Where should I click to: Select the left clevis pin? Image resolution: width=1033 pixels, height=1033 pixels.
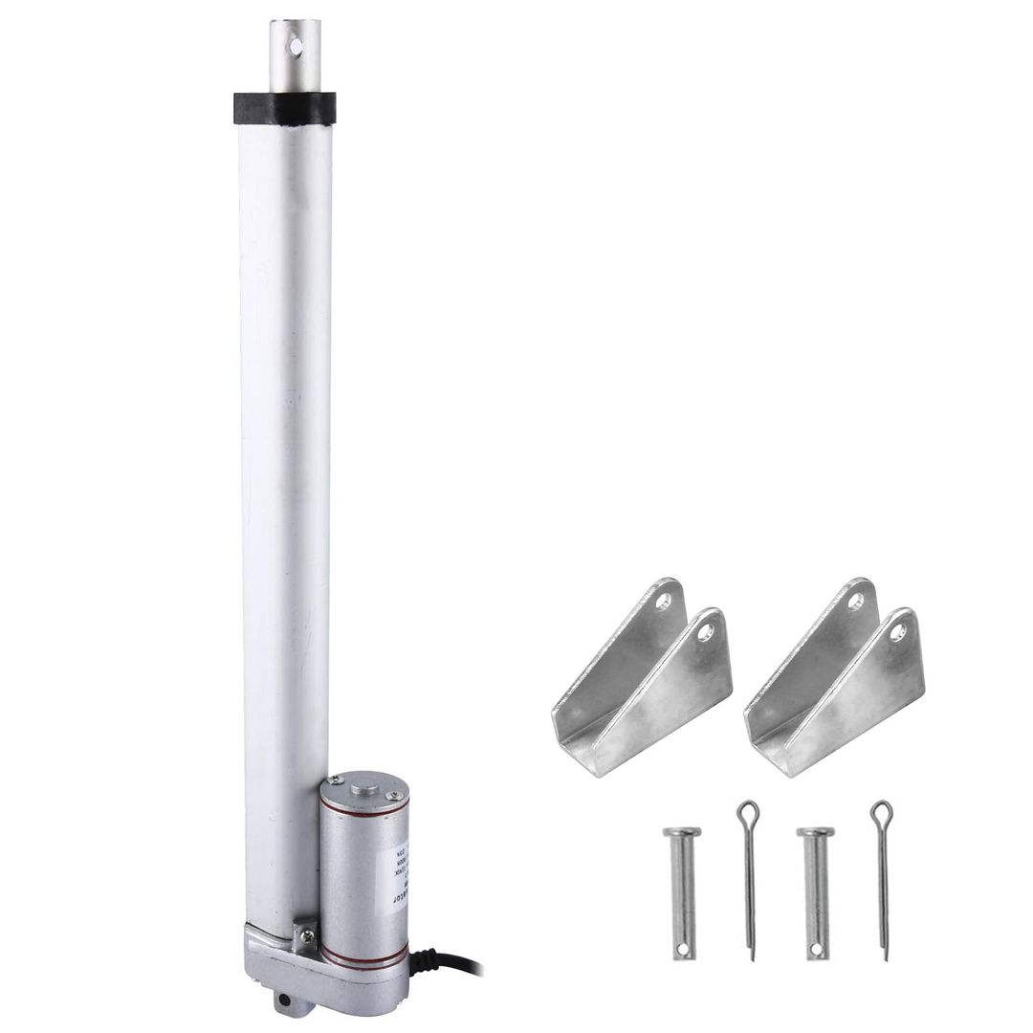click(681, 890)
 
